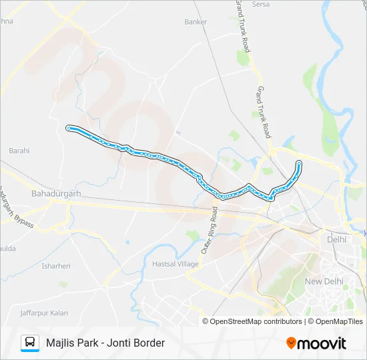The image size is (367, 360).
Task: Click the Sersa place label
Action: [x=260, y=4]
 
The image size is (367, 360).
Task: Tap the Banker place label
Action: [x=196, y=22]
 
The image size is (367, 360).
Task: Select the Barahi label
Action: [x=19, y=151]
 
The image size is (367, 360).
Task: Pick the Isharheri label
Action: [x=56, y=266]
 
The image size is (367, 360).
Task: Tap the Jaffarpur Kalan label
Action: [x=45, y=312]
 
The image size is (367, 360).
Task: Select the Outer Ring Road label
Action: [x=209, y=230]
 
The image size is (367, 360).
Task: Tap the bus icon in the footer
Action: [x=30, y=343]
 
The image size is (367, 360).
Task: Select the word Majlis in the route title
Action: [x=61, y=343]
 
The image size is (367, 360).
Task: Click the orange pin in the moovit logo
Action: [x=291, y=343]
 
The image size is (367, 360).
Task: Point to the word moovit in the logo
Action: [x=322, y=343]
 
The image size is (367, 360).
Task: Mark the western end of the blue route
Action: [x=68, y=127]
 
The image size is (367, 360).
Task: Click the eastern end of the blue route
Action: [x=299, y=163]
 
